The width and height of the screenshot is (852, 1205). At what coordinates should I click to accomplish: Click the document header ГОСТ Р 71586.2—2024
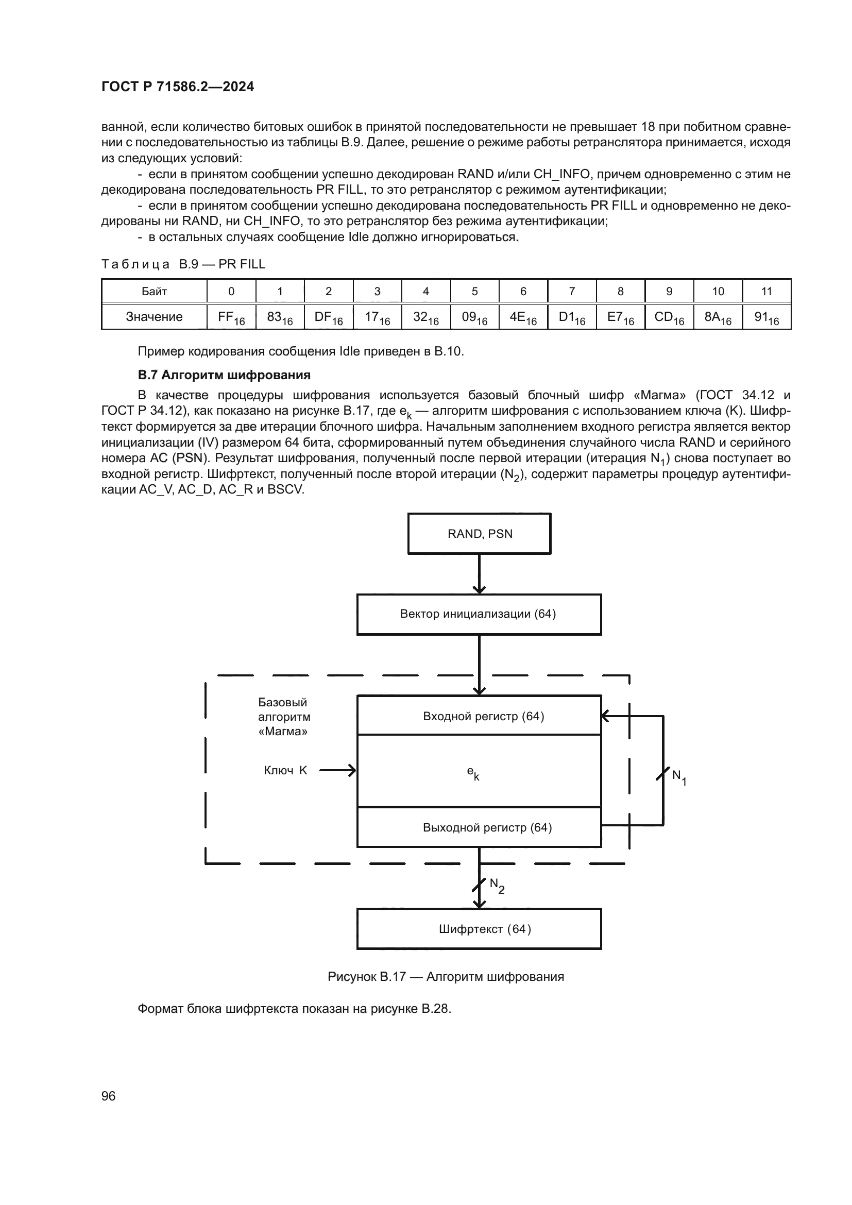177,87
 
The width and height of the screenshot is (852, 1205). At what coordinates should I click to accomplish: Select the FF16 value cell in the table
231,317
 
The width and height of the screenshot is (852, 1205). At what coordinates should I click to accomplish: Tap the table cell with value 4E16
523,317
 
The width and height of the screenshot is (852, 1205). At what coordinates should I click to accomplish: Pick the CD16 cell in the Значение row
669,317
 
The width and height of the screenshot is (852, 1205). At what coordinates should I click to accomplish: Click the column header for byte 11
766,291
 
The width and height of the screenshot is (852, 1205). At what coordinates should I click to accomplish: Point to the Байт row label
154,291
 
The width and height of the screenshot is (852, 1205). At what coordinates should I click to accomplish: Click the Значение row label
154,317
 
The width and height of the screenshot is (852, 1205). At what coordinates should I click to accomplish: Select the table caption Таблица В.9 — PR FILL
183,264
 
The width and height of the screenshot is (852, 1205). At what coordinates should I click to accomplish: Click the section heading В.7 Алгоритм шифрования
224,375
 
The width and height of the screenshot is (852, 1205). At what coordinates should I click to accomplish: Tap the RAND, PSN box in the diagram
480,534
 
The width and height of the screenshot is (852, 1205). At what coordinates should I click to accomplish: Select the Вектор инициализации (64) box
479,614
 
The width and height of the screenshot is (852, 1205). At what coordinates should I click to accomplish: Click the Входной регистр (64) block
479,716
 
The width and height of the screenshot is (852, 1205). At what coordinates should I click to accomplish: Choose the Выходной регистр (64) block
479,828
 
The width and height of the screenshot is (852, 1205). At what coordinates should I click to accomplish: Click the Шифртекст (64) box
479,929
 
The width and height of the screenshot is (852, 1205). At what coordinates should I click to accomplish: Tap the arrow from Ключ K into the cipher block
337,770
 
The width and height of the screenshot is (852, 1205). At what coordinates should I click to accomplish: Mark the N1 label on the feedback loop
679,777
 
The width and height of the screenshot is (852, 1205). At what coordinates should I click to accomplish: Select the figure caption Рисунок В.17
446,977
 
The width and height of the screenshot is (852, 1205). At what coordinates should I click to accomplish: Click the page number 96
109,1096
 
